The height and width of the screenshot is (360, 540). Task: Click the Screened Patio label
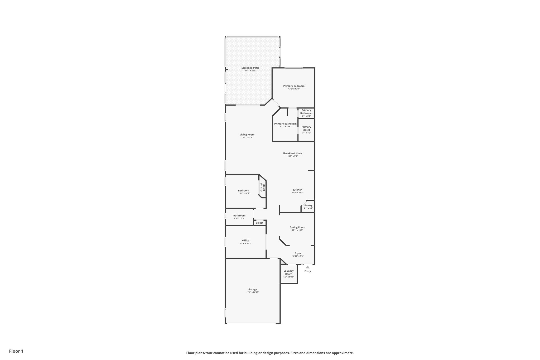pos(250,68)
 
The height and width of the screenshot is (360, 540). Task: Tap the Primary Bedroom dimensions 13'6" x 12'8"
pos(294,89)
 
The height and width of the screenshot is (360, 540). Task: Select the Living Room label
pos(247,135)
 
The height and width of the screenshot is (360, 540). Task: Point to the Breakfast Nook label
pos(292,153)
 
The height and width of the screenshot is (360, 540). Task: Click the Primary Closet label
pos(306,128)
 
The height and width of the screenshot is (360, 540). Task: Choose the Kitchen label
pos(298,190)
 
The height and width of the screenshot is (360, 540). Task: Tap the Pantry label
pos(308,205)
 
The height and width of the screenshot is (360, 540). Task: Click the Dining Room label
pos(297,227)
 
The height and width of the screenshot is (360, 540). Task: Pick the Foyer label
pos(298,253)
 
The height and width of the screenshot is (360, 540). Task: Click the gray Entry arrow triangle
pos(307,267)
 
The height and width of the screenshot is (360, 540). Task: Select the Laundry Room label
pos(288,272)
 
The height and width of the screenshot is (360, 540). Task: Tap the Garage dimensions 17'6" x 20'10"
pos(252,292)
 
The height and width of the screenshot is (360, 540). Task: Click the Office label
pos(245,241)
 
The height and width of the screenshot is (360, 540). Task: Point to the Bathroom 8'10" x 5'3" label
pos(239,215)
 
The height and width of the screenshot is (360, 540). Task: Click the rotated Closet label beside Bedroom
pos(264,187)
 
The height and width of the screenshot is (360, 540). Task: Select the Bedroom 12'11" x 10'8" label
pos(243,190)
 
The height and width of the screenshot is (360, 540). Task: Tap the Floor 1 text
pos(16,351)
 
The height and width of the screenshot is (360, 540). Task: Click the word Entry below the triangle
pos(307,271)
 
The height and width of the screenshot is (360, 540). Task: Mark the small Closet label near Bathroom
pos(259,223)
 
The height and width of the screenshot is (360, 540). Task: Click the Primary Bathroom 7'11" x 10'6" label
pos(285,124)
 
